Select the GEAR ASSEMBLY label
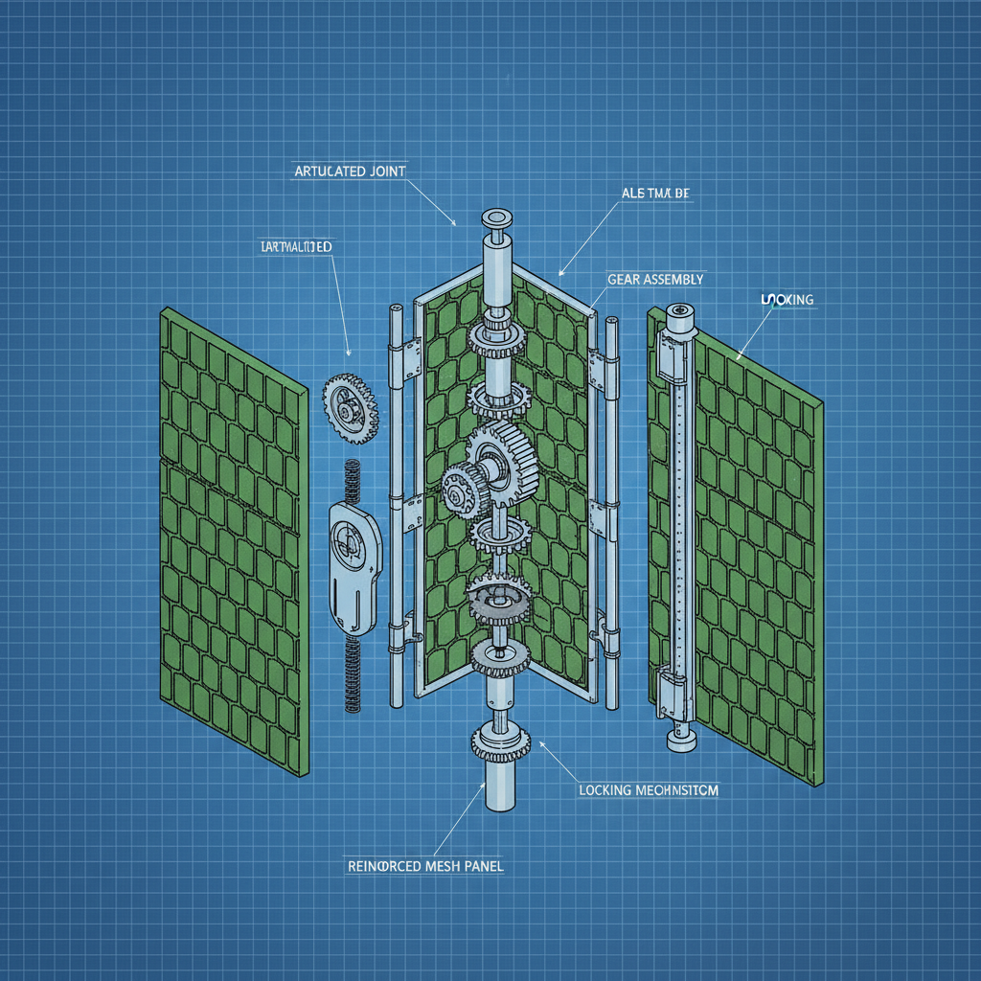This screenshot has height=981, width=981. pyautogui.click(x=655, y=279)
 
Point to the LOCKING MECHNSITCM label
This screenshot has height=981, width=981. pyautogui.click(x=649, y=790)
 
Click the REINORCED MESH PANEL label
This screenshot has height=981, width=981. pyautogui.click(x=423, y=865)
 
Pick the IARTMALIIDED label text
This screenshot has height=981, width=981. pyautogui.click(x=296, y=247)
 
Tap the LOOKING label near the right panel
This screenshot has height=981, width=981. pyautogui.click(x=787, y=300)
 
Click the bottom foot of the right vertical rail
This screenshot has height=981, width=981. pyautogui.click(x=679, y=738)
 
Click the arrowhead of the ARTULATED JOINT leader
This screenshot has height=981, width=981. pyautogui.click(x=453, y=224)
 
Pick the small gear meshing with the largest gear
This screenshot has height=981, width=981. pyautogui.click(x=463, y=489)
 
